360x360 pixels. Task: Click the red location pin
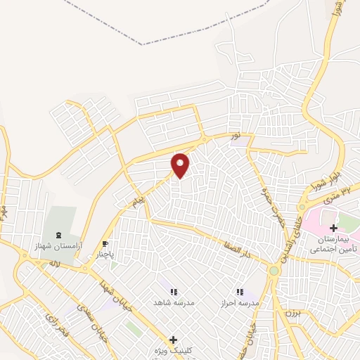coord(181,165)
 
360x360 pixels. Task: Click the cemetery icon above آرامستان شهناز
coord(57,234)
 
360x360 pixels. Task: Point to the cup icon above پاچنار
coord(105,245)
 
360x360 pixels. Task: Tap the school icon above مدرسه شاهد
coord(172,291)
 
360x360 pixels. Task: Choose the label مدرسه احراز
coord(239,302)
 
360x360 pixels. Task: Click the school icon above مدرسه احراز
coord(239,291)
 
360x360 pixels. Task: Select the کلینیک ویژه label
coord(173,351)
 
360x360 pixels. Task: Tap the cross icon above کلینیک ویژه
coord(173,340)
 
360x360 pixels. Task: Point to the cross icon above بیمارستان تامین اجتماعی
coord(334,228)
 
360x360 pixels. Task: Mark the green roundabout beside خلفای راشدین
coord(274,271)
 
